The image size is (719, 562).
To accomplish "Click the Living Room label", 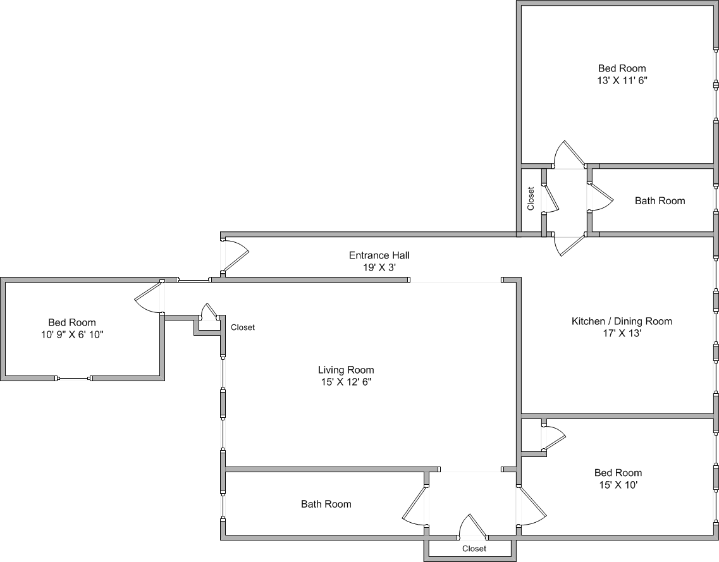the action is tap(346, 370).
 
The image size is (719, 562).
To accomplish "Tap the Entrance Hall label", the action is tap(379, 255).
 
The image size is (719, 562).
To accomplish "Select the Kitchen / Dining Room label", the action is tap(622, 321).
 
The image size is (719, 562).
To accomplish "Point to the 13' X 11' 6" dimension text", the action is tap(622, 81).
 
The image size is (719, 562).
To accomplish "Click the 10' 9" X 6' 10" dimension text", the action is tap(72, 334).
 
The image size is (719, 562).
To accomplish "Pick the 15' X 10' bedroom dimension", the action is tap(618, 484).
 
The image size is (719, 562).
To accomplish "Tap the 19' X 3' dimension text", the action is tap(379, 267).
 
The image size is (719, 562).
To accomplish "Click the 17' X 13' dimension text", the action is tap(622, 333).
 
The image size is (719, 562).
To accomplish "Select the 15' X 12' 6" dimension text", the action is tap(346, 382).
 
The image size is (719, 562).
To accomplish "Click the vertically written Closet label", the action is tap(531, 199).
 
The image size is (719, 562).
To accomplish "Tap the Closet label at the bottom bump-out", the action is tap(474, 549).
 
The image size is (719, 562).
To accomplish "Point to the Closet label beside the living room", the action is tap(243, 327).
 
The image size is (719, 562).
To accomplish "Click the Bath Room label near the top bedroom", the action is tap(660, 201).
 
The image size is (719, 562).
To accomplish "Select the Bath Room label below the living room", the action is tap(326, 504).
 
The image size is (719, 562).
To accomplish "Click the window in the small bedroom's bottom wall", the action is tap(73, 379).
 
